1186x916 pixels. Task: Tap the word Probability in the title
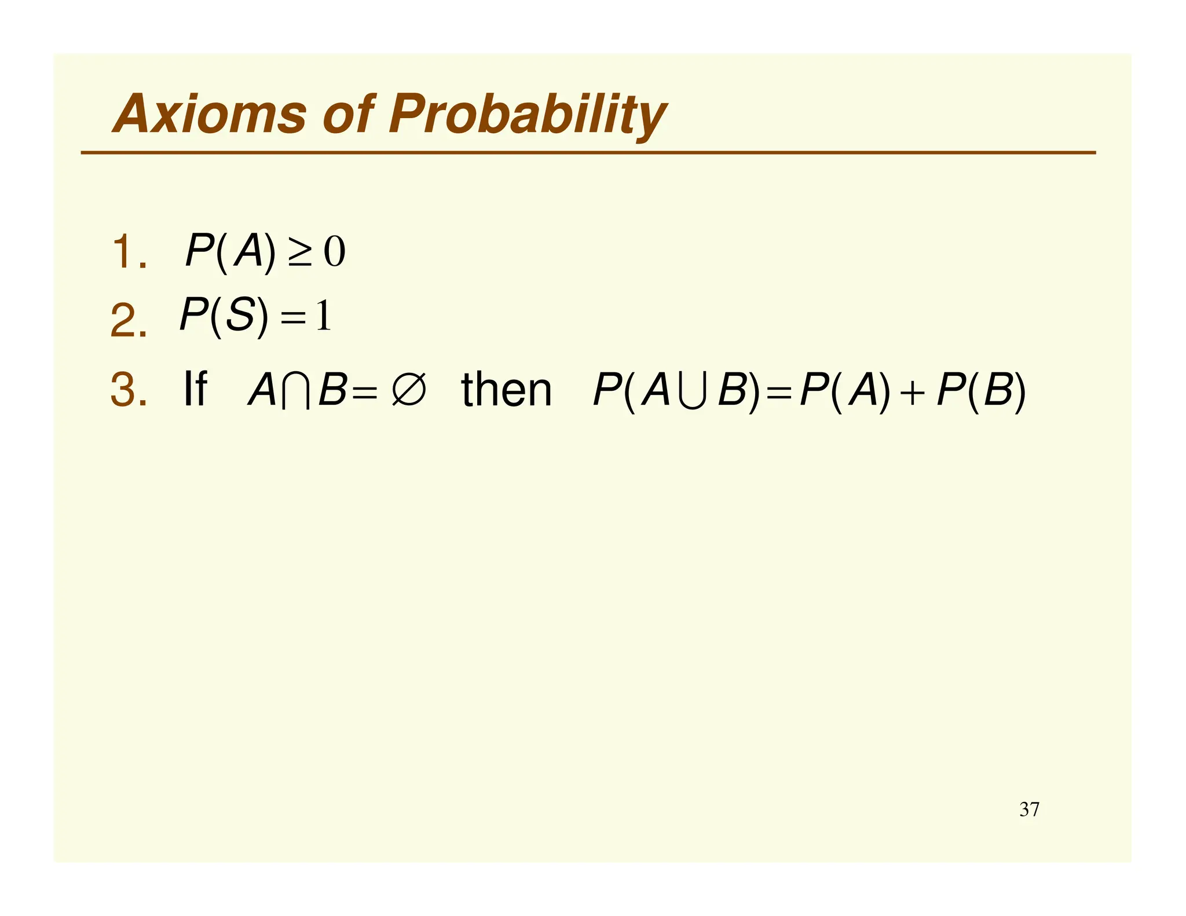point(527,115)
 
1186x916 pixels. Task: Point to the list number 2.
point(127,321)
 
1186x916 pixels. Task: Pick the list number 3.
point(127,389)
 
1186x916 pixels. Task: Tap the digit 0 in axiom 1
point(334,252)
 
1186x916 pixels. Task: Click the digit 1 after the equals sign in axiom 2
point(323,316)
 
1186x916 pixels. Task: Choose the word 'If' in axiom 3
point(195,389)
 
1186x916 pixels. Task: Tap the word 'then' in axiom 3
point(506,389)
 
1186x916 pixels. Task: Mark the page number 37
point(1029,809)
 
